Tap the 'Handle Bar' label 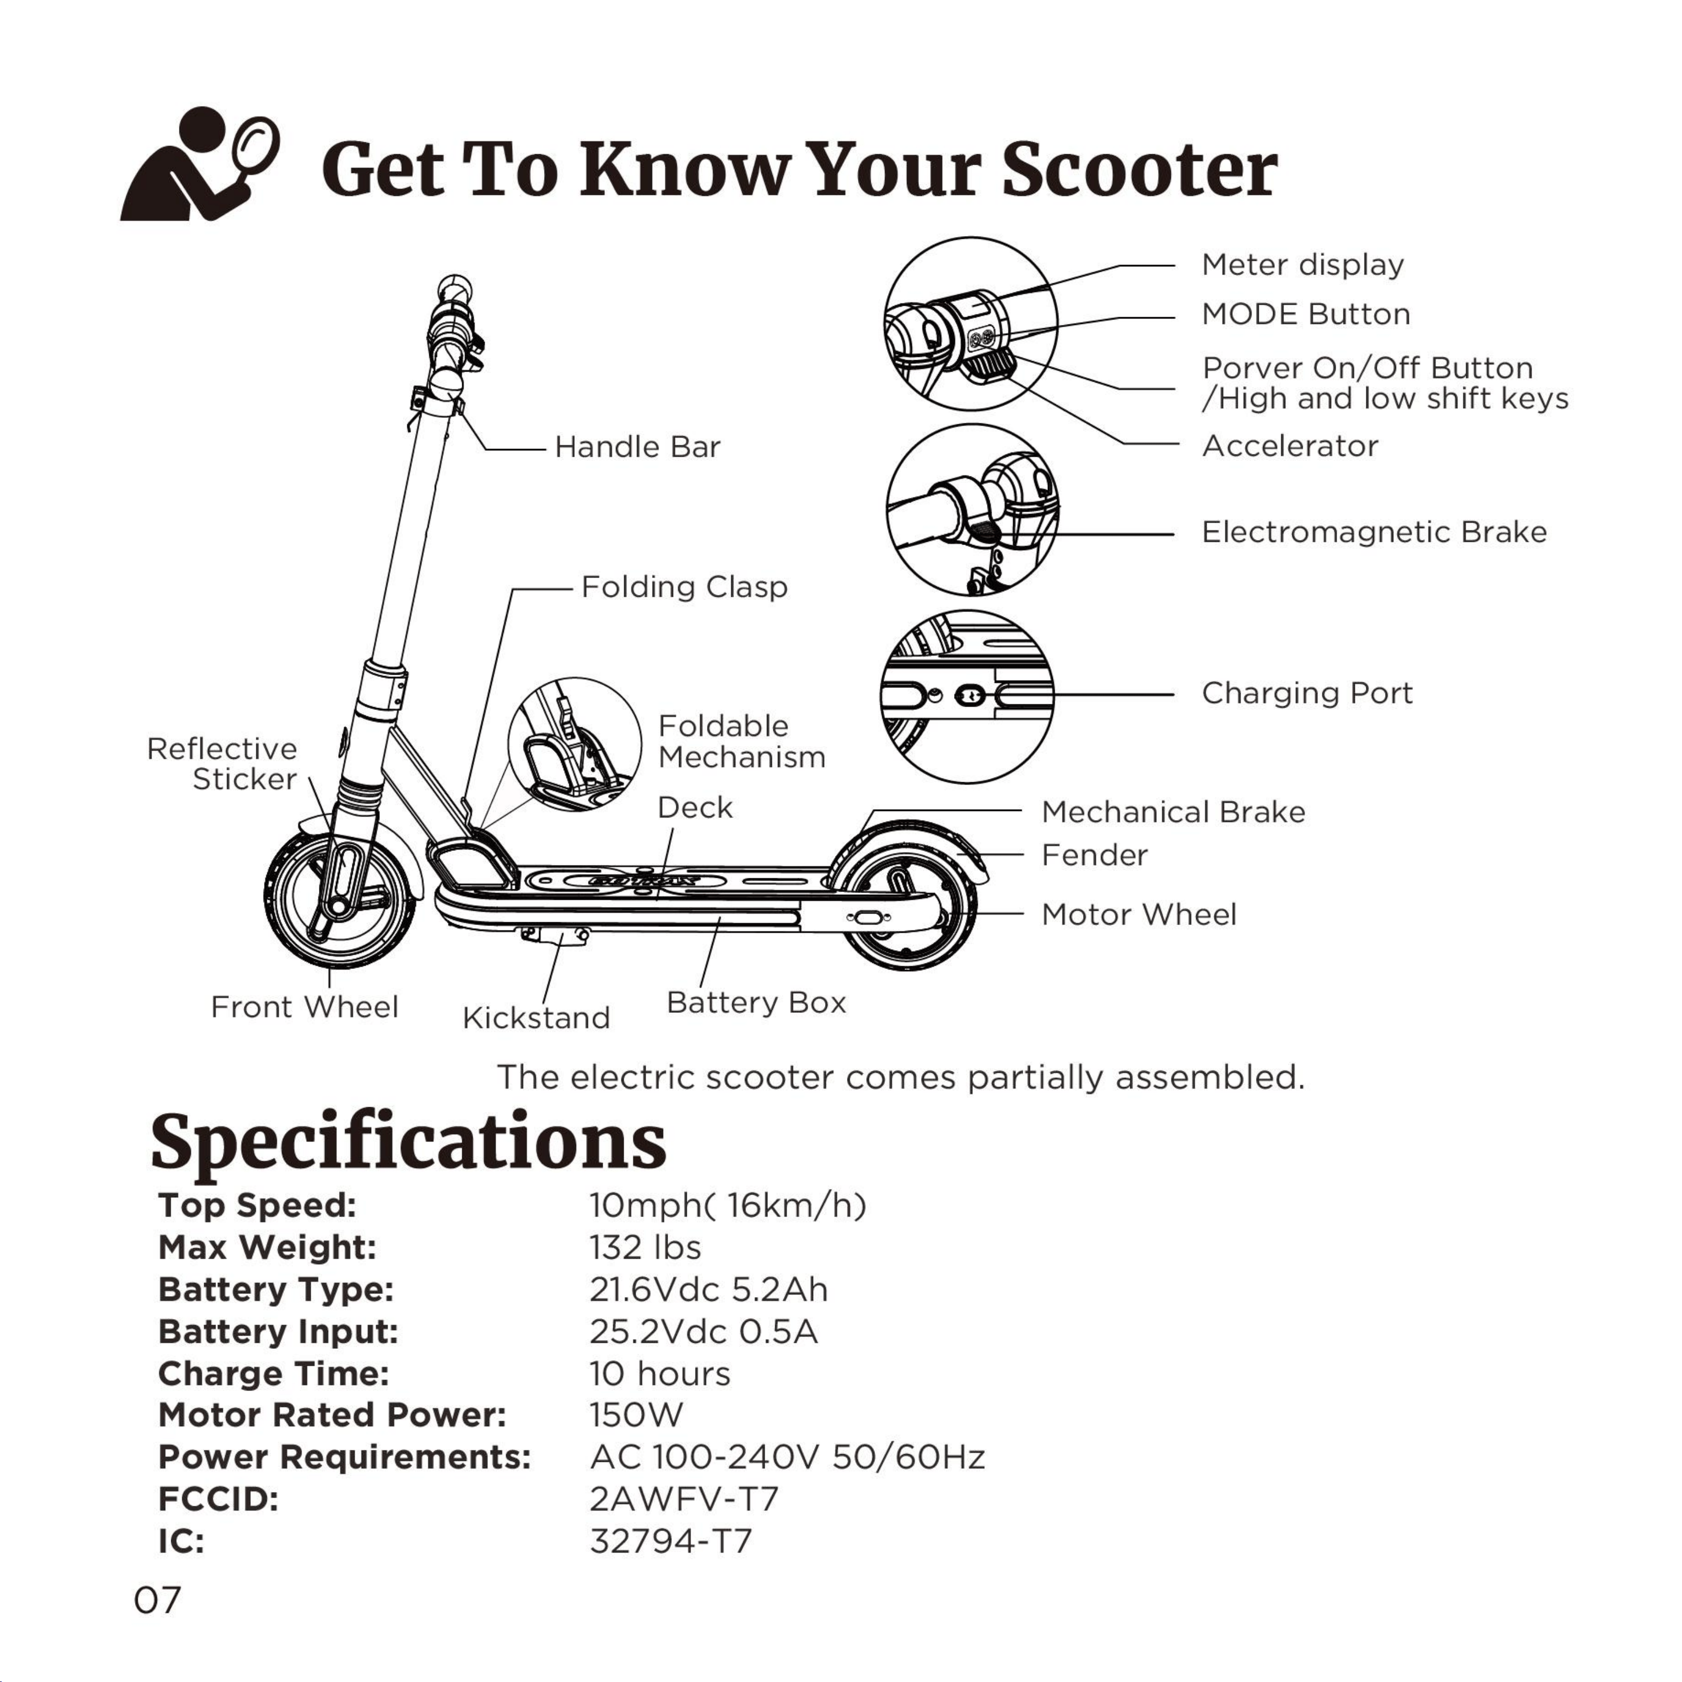637,447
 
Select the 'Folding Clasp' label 685,587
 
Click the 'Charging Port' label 1307,694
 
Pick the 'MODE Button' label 1306,315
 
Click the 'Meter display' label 1303,265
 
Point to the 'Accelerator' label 1290,447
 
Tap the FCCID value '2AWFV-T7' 683,1499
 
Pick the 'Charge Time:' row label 273,1374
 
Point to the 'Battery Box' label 756,1003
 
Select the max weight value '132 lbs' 645,1248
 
